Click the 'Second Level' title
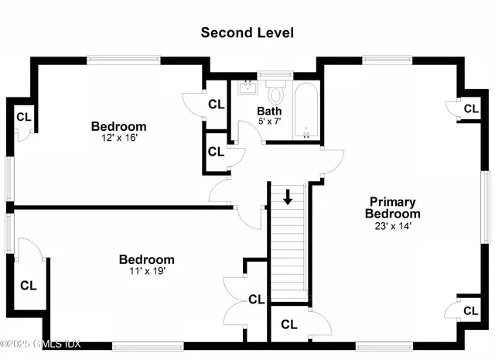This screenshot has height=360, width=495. [x=247, y=33]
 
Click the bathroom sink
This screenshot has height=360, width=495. [x=247, y=87]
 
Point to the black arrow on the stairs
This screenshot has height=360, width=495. [x=288, y=197]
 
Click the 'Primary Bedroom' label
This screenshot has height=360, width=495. [x=393, y=207]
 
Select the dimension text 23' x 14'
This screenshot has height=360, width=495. [x=393, y=226]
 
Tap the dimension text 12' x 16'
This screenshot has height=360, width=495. [x=118, y=138]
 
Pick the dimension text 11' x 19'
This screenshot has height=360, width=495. [x=146, y=272]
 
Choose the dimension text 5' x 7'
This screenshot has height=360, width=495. [x=271, y=122]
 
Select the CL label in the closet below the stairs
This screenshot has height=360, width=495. [x=290, y=324]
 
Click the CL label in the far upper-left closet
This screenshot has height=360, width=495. [x=24, y=117]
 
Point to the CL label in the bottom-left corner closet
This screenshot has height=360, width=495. [x=29, y=285]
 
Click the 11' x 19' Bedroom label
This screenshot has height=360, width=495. [x=146, y=259]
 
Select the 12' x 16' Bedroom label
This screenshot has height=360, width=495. [x=118, y=126]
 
